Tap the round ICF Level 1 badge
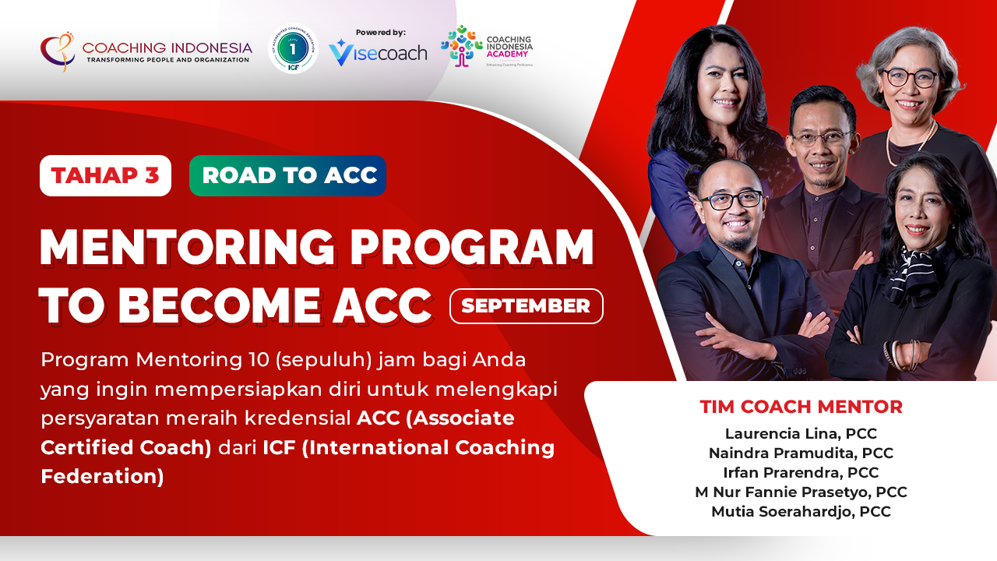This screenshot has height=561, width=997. (x=293, y=48)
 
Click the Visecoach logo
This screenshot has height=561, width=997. (x=378, y=53)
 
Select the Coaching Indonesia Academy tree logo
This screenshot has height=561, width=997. (x=461, y=46)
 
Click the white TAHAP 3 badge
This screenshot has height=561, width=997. (x=105, y=175)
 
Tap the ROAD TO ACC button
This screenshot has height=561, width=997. (x=288, y=175)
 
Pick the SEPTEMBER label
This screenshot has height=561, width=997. (x=526, y=306)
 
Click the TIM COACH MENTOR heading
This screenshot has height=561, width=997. (x=801, y=407)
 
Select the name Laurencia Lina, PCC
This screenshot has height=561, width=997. (x=801, y=434)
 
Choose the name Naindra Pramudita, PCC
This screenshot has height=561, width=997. (x=801, y=453)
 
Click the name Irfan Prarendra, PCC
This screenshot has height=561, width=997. (x=801, y=473)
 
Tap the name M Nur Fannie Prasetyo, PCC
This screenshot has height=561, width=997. (x=801, y=492)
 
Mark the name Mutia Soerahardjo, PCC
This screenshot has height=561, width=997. (x=801, y=512)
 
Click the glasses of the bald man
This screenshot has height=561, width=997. (x=731, y=199)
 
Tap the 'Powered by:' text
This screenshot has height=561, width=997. (x=381, y=32)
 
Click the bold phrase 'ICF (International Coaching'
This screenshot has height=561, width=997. (x=409, y=448)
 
